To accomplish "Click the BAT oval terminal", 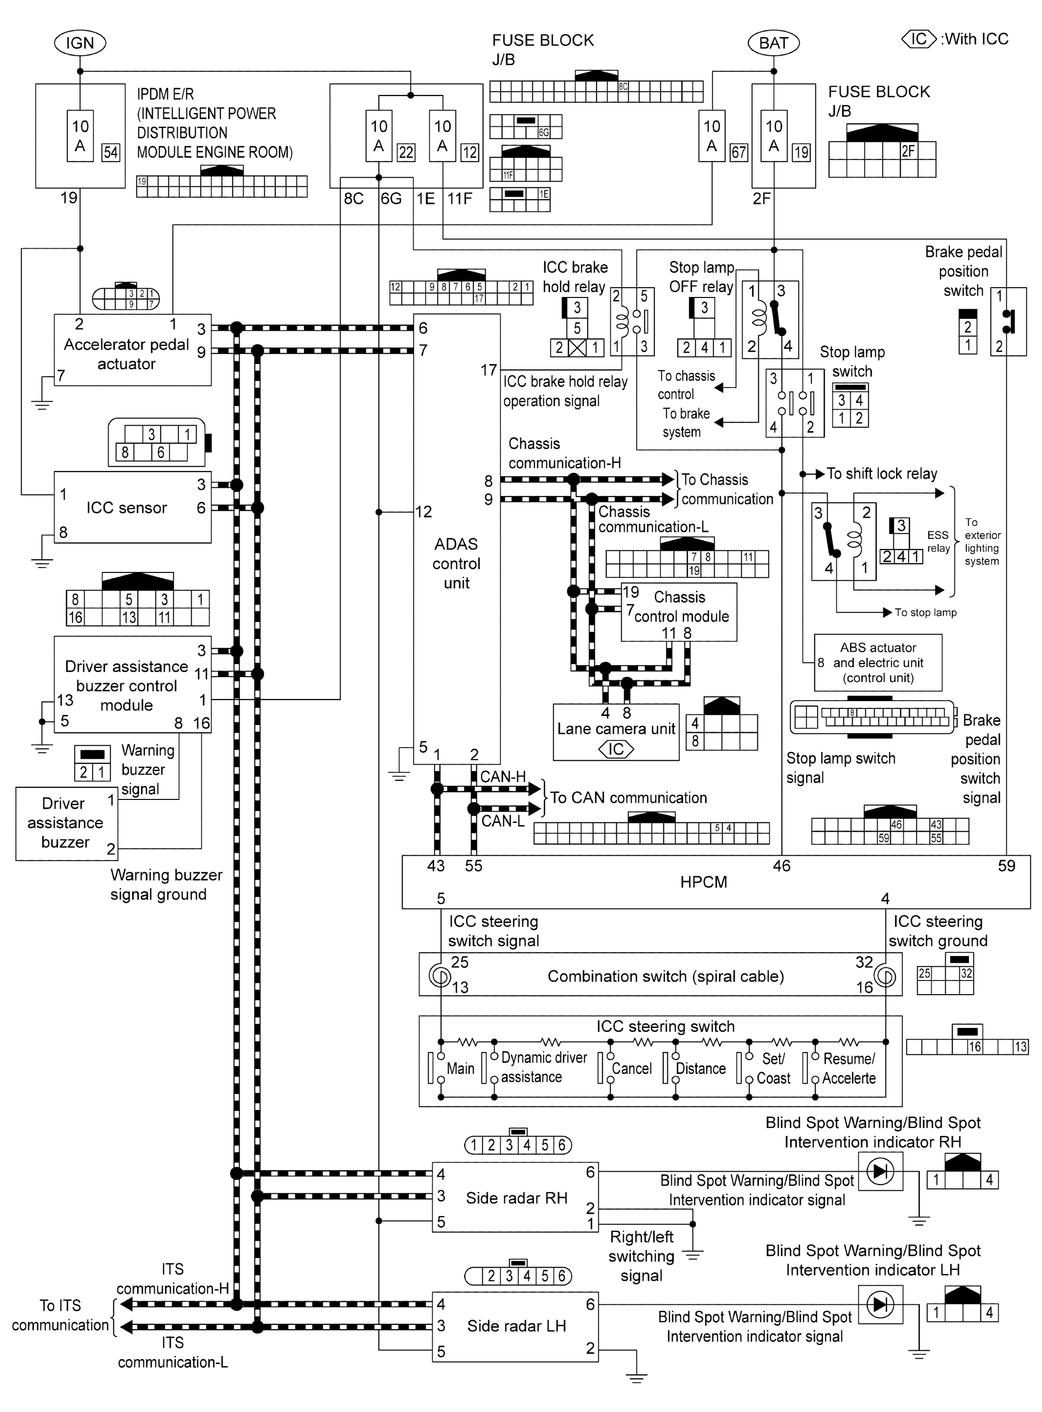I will click(773, 43).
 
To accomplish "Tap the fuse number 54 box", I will click(111, 152).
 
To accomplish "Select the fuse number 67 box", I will click(738, 152).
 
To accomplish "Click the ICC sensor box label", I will click(126, 508).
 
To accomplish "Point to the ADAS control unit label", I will click(456, 563).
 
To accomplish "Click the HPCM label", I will click(703, 882).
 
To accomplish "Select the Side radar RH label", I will click(517, 1198).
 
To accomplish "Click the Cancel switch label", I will click(632, 1069).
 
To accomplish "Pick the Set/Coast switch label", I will click(773, 1069).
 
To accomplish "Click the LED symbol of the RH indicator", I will click(880, 1172).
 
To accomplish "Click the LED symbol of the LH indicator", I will click(880, 1304).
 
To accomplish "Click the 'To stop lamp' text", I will click(925, 613).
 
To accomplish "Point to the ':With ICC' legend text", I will click(974, 39).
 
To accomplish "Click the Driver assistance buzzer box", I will click(66, 822).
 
